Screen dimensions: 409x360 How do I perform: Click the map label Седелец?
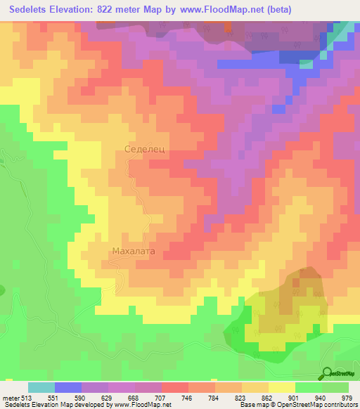(x=145, y=149)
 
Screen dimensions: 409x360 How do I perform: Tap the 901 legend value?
(x=295, y=398)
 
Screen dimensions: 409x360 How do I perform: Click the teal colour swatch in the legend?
(x=41, y=387)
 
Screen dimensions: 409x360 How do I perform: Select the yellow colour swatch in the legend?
(x=281, y=387)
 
